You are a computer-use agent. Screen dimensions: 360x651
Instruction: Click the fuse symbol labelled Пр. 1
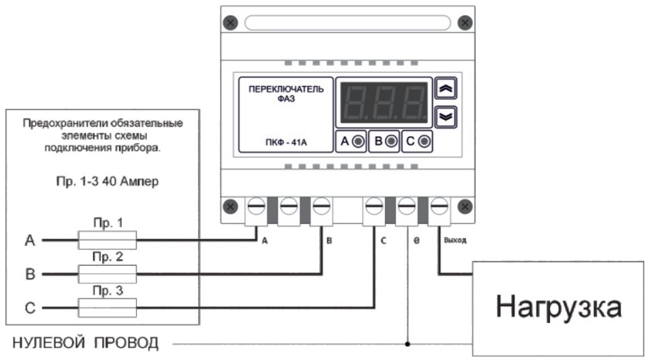click(x=108, y=240)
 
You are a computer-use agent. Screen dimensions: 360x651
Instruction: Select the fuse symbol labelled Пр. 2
click(x=108, y=274)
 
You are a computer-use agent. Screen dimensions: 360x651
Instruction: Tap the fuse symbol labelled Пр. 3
click(x=108, y=309)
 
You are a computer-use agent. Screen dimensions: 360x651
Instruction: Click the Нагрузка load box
click(x=558, y=308)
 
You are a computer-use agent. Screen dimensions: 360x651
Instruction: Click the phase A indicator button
click(x=351, y=141)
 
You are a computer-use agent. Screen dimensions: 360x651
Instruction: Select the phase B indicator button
click(x=386, y=141)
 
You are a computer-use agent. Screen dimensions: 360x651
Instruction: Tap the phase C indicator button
click(x=417, y=141)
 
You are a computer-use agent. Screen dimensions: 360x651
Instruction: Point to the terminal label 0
click(x=416, y=240)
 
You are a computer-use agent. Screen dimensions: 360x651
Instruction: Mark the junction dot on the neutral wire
click(x=407, y=344)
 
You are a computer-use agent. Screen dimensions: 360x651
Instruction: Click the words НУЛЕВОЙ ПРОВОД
click(x=85, y=344)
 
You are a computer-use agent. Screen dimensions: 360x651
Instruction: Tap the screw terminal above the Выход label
click(x=440, y=205)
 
